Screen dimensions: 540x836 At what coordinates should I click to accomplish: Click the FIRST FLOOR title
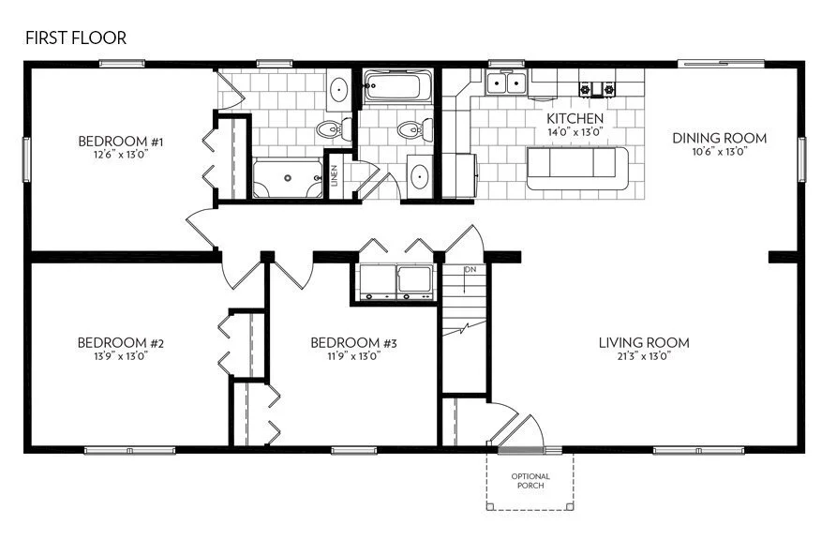75,38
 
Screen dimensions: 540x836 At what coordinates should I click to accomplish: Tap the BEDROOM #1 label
121,142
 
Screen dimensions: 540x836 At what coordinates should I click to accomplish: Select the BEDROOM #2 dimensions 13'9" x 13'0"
112,356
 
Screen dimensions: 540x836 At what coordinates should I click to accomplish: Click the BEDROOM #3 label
354,343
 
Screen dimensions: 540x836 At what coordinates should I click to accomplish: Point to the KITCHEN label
575,119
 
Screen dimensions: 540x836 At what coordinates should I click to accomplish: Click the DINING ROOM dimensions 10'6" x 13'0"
719,151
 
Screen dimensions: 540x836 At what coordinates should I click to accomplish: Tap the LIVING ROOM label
644,342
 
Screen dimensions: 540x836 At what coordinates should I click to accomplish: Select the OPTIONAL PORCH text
530,482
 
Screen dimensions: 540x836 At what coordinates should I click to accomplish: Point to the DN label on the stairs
470,270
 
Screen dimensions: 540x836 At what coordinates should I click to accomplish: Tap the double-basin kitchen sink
507,84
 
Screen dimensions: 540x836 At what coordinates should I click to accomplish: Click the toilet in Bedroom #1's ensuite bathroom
329,129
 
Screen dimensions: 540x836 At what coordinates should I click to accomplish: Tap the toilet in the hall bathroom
411,128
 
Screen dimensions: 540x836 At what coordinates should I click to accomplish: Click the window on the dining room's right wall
801,157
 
